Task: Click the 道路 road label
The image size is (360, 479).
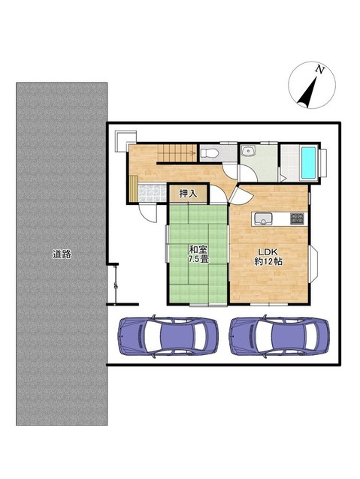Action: tap(62, 255)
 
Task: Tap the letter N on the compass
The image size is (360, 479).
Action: tap(320, 70)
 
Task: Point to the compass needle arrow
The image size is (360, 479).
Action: tap(307, 92)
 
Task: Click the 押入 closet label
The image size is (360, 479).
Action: tap(188, 194)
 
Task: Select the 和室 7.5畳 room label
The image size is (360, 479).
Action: tap(198, 255)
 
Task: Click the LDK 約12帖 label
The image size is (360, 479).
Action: tap(268, 257)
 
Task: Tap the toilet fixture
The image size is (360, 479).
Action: tap(209, 152)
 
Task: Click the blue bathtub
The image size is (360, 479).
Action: tap(309, 163)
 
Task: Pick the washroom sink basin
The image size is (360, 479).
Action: tap(248, 151)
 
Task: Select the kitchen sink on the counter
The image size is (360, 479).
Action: tap(263, 219)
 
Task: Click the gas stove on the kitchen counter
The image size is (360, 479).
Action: tap(297, 218)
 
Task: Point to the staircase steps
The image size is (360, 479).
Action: tap(177, 152)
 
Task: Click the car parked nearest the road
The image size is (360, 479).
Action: tap(168, 336)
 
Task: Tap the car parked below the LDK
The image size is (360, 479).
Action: tap(280, 336)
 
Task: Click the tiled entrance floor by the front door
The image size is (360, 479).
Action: tap(153, 193)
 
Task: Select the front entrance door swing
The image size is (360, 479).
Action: tap(148, 212)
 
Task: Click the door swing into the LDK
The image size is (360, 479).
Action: tap(240, 196)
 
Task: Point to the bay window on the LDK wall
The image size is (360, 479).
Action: tap(313, 263)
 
